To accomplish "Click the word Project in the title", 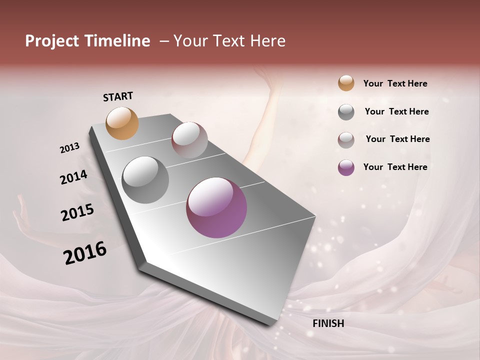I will pos(51,41).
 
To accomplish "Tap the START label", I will pos(118,96).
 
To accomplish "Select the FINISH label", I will pos(328,323).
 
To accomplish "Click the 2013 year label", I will pos(70,148).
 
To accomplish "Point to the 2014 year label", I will pos(73,177).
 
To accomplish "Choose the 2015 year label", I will pos(77,212).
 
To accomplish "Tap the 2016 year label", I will pos(85,253).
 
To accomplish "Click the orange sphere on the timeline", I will pos(122,123).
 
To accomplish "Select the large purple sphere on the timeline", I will pos(216,207).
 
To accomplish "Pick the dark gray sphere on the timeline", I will pos(145,180).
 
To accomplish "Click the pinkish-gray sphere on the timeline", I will pos(189,140).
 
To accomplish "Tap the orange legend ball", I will pos(346,83).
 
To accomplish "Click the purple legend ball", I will pos(346,167).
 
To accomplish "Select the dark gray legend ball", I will pos(346,112).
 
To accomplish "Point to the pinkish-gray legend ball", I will pos(346,140).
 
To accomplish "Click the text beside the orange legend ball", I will pos(395,83).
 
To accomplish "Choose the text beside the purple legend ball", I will pos(395,167).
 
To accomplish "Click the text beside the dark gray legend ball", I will pos(396,111).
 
